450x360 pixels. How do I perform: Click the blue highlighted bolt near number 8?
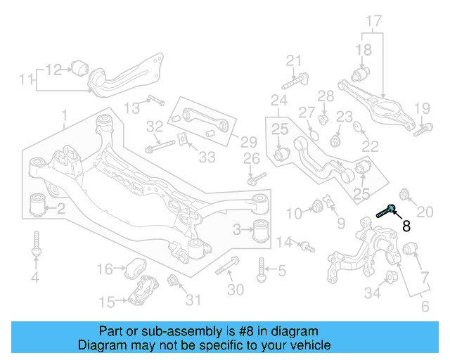[385, 212]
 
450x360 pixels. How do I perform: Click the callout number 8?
[406, 226]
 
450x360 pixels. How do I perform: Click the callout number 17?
[373, 21]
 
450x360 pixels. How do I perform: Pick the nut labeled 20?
[405, 194]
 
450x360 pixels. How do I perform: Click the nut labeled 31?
[172, 283]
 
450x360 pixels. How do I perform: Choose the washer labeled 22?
[358, 127]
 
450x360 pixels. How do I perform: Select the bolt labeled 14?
[307, 246]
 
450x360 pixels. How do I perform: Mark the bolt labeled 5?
[262, 269]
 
